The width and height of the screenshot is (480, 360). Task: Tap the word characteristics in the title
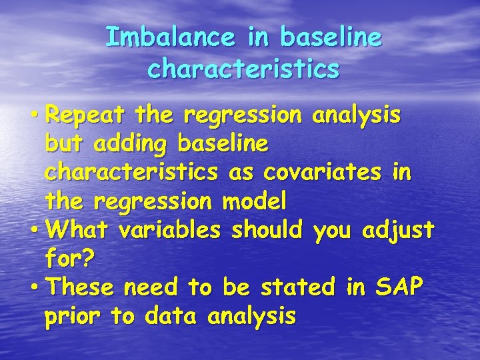coord(243,69)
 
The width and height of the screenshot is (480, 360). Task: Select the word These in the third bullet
coord(83,287)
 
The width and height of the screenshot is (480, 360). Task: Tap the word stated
coord(299,287)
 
